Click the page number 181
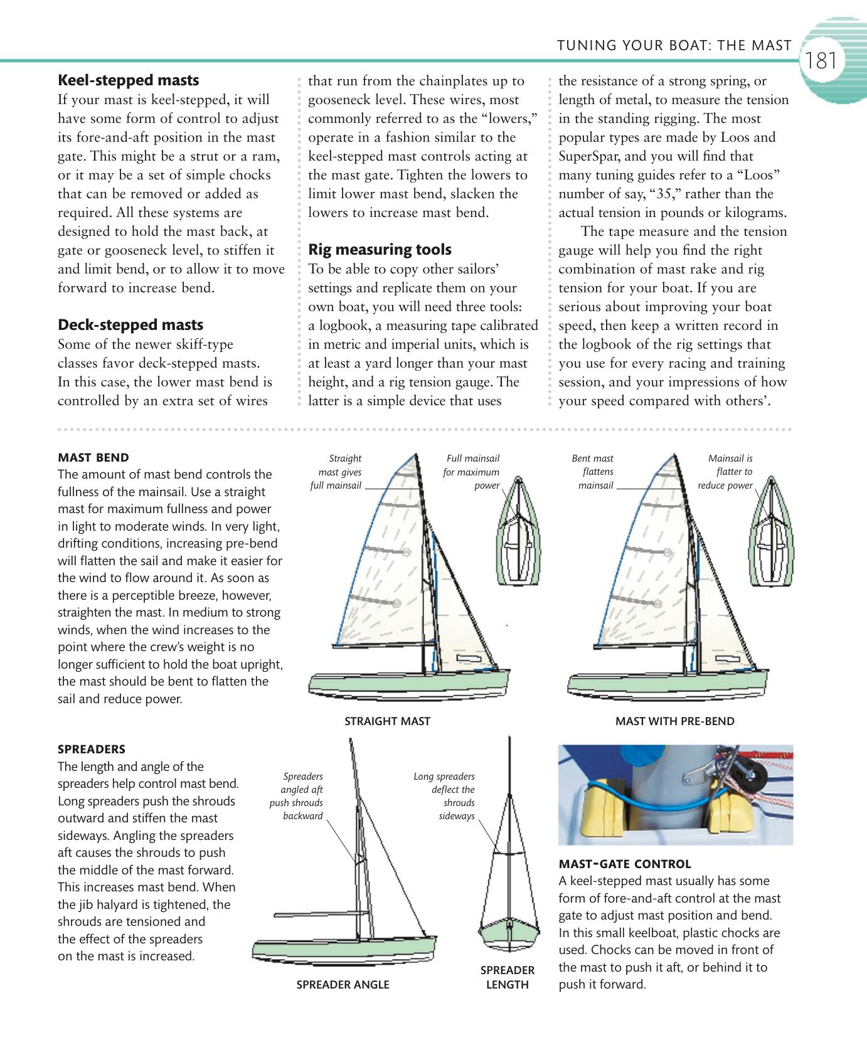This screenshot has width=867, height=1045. click(x=821, y=61)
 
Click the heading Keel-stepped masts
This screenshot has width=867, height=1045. click(x=128, y=80)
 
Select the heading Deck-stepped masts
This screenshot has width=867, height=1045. click(x=130, y=325)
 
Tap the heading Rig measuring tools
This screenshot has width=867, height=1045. click(x=380, y=250)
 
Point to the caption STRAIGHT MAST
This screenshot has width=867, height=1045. click(x=387, y=721)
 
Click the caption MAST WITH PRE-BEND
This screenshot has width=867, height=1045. click(x=674, y=721)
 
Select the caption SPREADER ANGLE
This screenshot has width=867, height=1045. click(x=343, y=985)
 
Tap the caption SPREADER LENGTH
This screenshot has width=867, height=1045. click(x=507, y=977)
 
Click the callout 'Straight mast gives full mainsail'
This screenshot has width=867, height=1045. click(x=338, y=472)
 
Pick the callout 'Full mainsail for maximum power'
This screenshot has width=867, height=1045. click(x=472, y=472)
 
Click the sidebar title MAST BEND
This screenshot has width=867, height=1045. click(x=93, y=458)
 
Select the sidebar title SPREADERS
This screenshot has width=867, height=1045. click(x=91, y=750)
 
